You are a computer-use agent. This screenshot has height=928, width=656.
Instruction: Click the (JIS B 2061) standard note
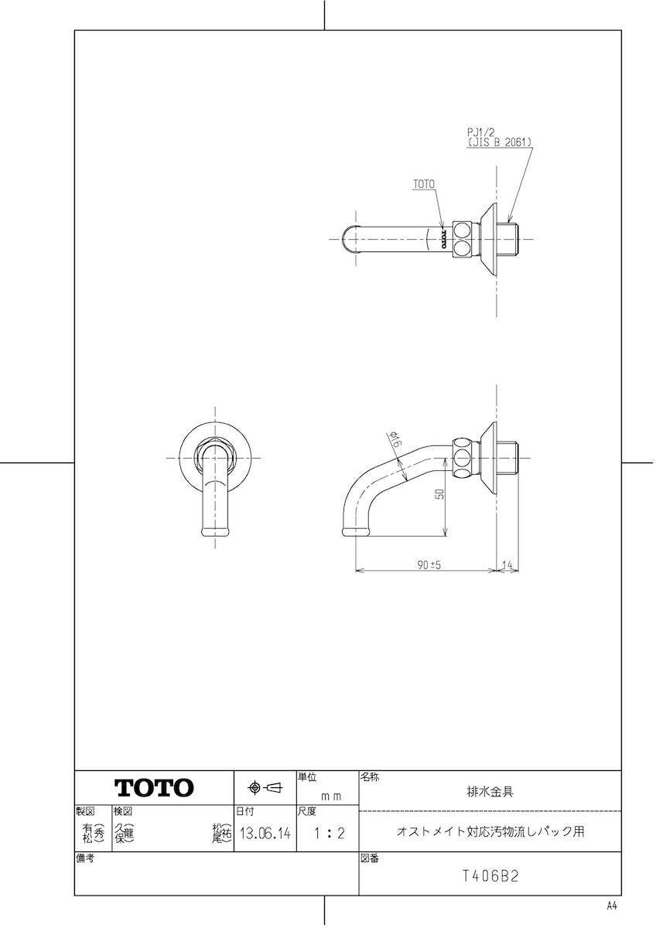(x=500, y=143)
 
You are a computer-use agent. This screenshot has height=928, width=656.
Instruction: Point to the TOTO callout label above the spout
(x=424, y=185)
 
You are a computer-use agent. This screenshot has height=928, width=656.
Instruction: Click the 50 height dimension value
(x=439, y=495)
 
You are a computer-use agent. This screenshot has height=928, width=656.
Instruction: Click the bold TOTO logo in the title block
(x=154, y=788)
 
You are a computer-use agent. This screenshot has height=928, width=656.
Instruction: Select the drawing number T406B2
(x=490, y=876)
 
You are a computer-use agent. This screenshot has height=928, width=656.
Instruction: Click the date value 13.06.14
(x=265, y=834)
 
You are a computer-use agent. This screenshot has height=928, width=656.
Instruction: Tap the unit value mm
(x=331, y=795)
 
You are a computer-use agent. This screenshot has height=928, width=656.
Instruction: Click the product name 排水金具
(x=490, y=791)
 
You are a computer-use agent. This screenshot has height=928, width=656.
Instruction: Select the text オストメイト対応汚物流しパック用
(x=490, y=832)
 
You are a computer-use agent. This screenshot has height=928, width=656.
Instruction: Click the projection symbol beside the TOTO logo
(x=265, y=788)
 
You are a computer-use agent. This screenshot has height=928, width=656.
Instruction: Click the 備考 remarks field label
(x=84, y=858)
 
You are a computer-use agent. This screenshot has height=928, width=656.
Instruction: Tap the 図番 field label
(x=369, y=858)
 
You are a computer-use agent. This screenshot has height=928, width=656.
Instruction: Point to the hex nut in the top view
(x=462, y=239)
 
